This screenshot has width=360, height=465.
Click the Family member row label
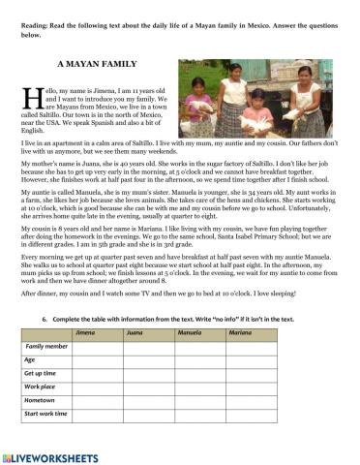pos(47,346)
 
